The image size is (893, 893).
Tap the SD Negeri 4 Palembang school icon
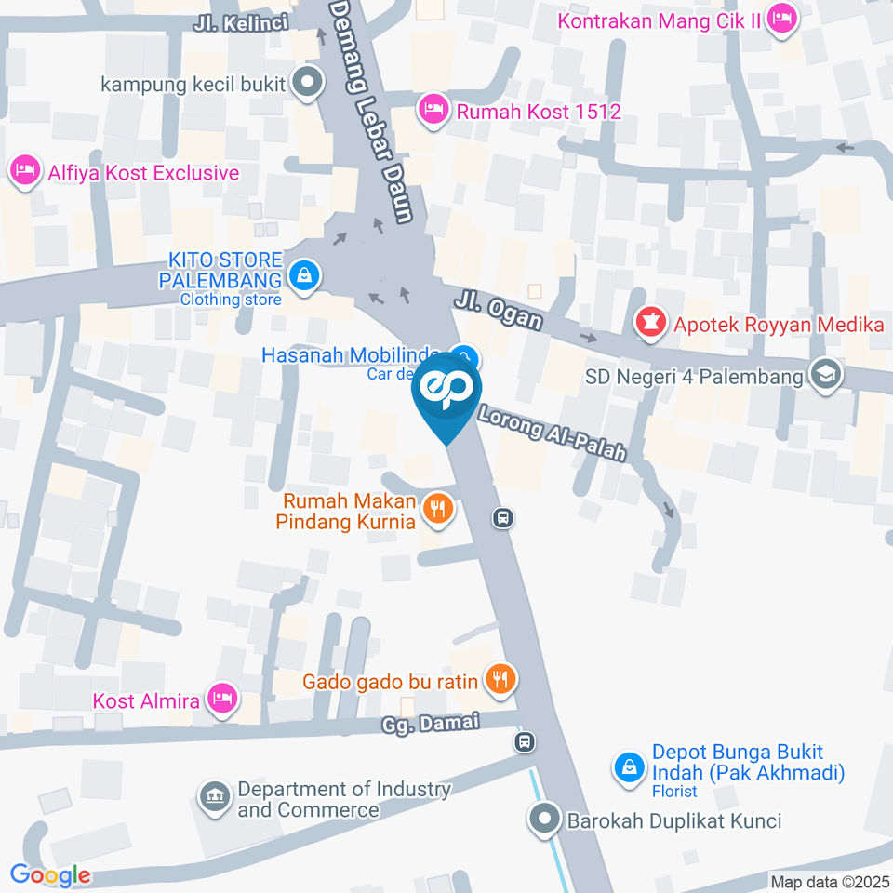tap(824, 375)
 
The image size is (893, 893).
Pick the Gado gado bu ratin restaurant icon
tap(501, 680)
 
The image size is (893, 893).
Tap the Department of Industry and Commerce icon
tap(215, 797)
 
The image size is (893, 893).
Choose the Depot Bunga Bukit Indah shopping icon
tap(630, 767)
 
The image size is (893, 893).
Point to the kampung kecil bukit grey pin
tap(306, 83)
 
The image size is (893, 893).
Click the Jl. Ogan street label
tap(500, 310)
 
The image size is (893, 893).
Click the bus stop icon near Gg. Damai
tap(525, 741)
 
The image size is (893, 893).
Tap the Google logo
tap(50, 874)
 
